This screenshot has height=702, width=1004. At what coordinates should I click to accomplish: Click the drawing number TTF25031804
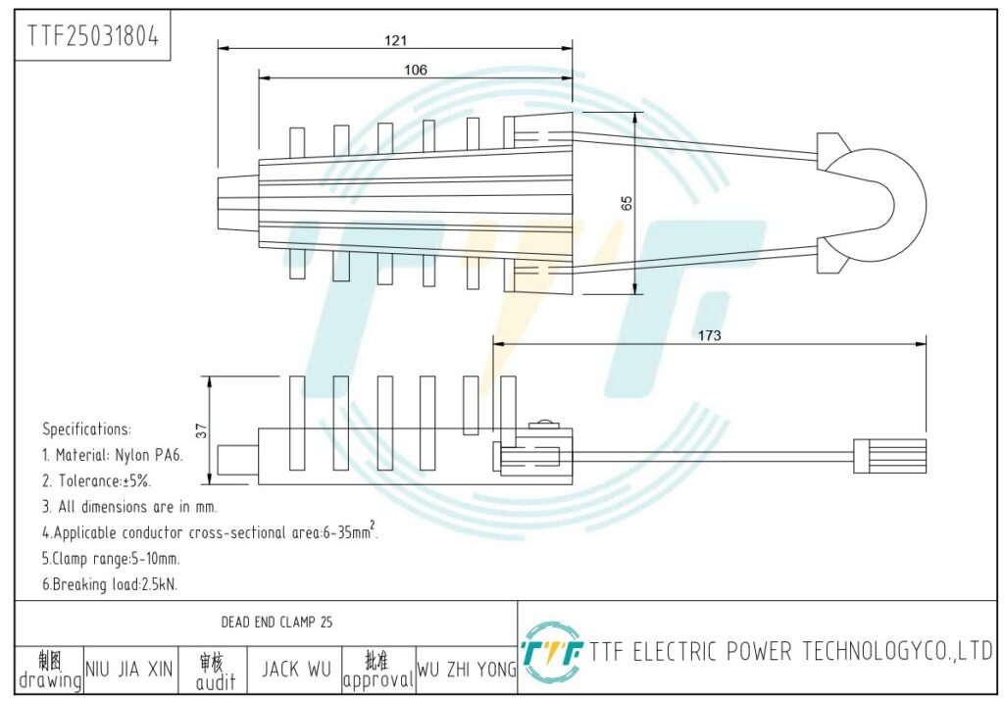pyautogui.click(x=92, y=36)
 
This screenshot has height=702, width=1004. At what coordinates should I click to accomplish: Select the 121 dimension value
pyautogui.click(x=396, y=40)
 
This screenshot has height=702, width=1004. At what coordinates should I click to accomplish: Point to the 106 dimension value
pyautogui.click(x=416, y=70)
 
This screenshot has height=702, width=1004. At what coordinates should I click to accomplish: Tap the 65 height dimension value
pyautogui.click(x=627, y=203)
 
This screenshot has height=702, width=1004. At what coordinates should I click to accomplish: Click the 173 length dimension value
pyautogui.click(x=709, y=335)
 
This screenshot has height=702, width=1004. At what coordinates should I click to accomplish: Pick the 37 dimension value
pyautogui.click(x=202, y=431)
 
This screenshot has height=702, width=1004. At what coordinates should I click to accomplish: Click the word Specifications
pyautogui.click(x=86, y=429)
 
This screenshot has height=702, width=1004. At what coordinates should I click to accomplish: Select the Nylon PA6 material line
pyautogui.click(x=113, y=455)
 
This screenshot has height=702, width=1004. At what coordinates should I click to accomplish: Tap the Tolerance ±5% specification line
pyautogui.click(x=97, y=481)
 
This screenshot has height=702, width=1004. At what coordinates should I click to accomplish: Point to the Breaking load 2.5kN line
pyautogui.click(x=110, y=584)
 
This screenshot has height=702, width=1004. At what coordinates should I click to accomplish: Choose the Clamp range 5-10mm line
pyautogui.click(x=112, y=559)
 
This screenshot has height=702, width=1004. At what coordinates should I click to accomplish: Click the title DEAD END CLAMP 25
pyautogui.click(x=276, y=622)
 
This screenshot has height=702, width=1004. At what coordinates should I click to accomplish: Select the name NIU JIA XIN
pyautogui.click(x=129, y=670)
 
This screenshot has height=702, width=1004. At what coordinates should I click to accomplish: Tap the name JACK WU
pyautogui.click(x=296, y=670)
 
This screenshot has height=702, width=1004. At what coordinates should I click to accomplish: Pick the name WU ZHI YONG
pyautogui.click(x=467, y=670)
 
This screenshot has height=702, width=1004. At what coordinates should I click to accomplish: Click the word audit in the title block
pyautogui.click(x=216, y=682)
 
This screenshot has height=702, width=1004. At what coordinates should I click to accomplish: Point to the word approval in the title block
pyautogui.click(x=378, y=680)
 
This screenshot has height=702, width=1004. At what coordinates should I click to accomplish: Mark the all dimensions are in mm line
pyautogui.click(x=130, y=507)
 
